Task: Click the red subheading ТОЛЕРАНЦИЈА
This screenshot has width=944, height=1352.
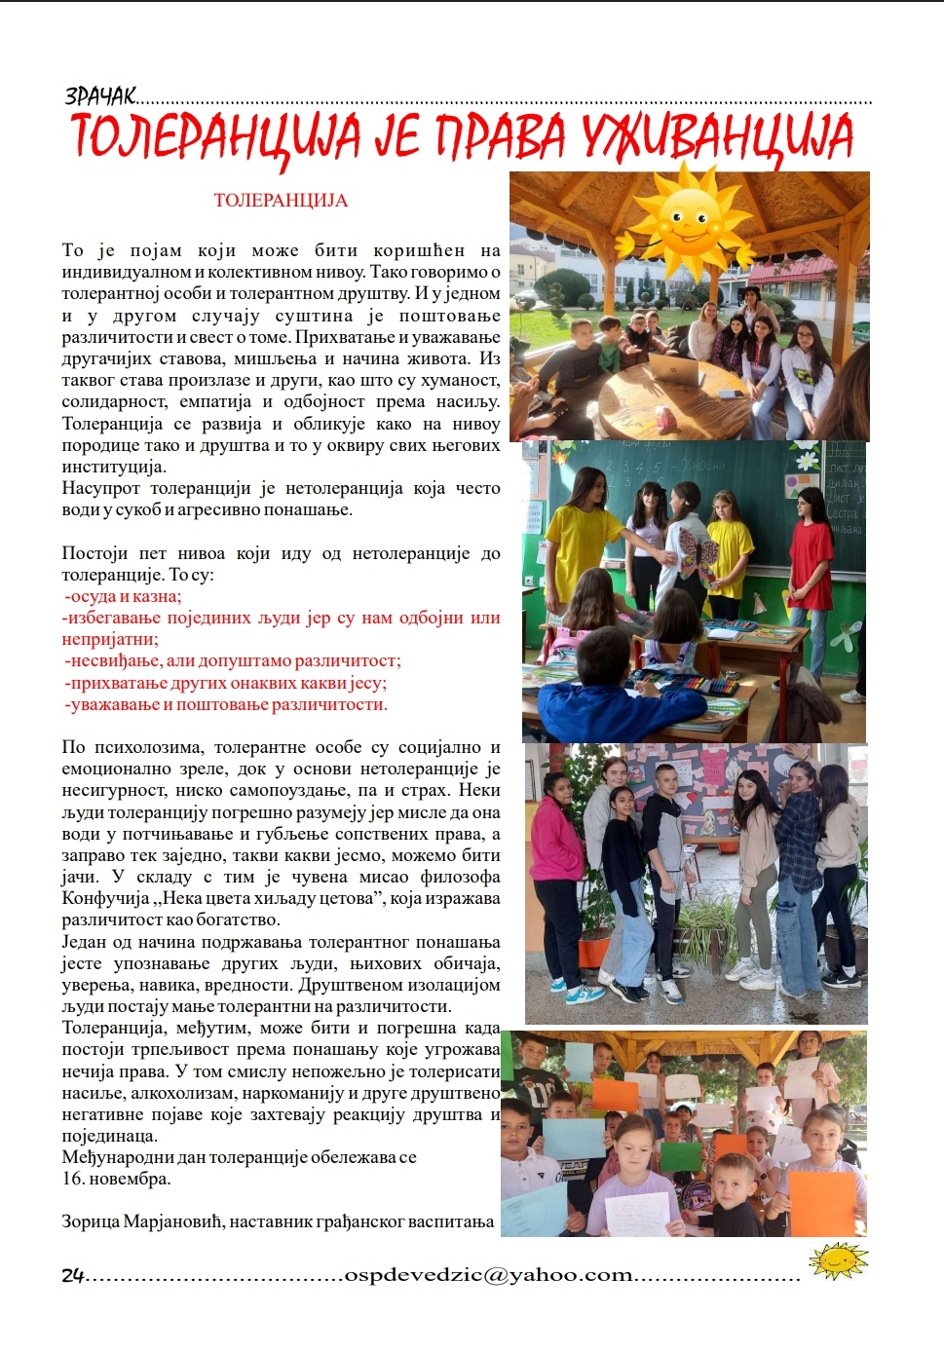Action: [281, 201]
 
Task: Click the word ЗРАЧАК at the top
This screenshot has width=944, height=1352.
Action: [99, 95]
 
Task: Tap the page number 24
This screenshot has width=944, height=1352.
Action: [73, 1275]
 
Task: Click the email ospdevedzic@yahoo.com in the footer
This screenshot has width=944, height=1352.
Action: [489, 1275]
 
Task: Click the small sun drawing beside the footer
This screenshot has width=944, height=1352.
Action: [838, 1260]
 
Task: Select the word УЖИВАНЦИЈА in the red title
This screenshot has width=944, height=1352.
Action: [718, 138]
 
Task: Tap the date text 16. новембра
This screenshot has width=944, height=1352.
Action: [116, 1179]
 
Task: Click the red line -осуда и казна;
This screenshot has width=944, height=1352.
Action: [123, 596]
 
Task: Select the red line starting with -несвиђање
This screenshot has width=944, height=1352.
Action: [232, 660]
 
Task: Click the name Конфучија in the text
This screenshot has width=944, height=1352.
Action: [105, 898]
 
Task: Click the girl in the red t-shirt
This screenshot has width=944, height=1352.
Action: [812, 555]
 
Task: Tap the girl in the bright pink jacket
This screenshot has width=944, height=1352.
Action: [557, 857]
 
